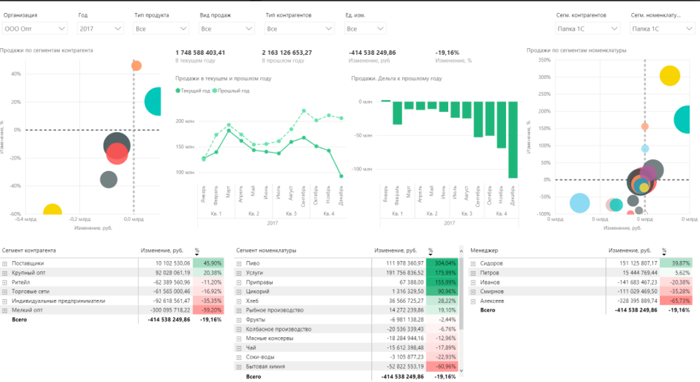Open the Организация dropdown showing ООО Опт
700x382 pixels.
click(x=34, y=29)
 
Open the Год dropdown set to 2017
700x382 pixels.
click(x=100, y=29)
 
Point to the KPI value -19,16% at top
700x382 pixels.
click(x=448, y=53)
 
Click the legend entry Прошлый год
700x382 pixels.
click(x=233, y=90)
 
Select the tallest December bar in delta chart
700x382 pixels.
click(x=513, y=139)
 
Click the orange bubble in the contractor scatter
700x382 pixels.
click(x=136, y=65)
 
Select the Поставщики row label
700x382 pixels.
click(x=27, y=263)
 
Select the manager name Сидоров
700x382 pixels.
click(x=492, y=263)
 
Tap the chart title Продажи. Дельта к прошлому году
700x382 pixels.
click(x=396, y=78)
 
